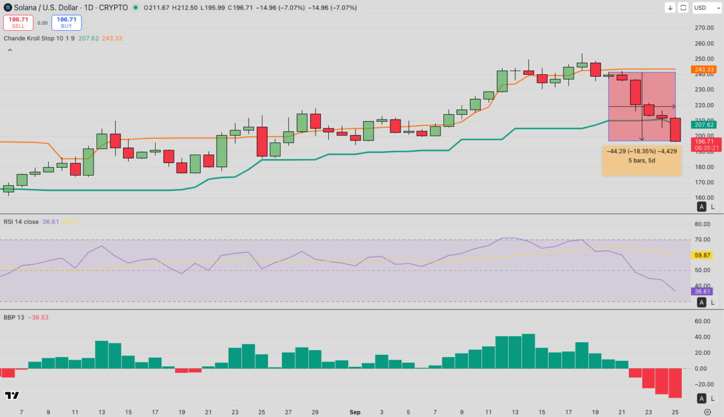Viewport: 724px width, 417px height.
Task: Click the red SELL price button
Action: coord(18,23)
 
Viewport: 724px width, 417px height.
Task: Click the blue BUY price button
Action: coord(66,23)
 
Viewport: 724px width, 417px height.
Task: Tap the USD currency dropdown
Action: coord(704,8)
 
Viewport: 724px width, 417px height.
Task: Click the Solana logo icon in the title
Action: coord(7,8)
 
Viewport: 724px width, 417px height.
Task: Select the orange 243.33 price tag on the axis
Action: coord(704,69)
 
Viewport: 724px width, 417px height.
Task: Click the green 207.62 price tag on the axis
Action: coord(704,125)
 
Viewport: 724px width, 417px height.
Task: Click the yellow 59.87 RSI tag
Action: coord(703,255)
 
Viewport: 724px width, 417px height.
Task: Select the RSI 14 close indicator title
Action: coord(22,221)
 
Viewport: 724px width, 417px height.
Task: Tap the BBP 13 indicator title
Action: coord(14,317)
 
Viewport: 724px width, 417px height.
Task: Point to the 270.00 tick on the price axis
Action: coord(703,28)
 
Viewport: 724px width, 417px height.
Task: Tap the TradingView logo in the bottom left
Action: coord(11,396)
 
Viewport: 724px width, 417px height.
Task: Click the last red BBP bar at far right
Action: coord(675,383)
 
